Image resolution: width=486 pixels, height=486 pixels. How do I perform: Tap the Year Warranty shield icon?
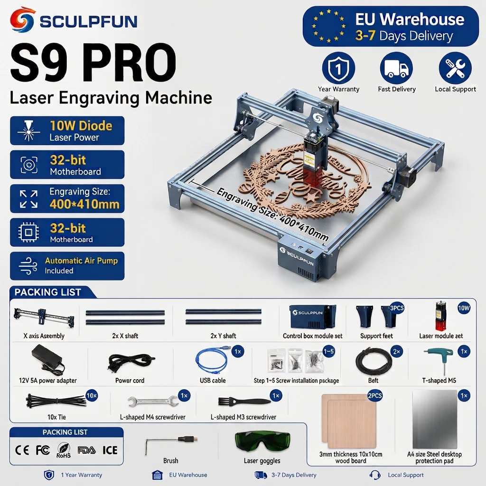[338, 68]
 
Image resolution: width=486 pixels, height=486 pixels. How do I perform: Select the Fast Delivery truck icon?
[396, 68]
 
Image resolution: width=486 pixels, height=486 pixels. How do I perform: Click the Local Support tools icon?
[455, 68]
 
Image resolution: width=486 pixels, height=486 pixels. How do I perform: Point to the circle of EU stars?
[329, 26]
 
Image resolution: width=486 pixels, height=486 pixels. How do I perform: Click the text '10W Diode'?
[81, 125]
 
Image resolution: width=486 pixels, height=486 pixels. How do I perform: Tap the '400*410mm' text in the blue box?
[84, 204]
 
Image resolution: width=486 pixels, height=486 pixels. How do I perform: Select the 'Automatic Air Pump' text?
[81, 261]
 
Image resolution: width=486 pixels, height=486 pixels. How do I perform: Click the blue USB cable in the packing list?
[211, 360]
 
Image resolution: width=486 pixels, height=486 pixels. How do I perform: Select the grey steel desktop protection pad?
[435, 420]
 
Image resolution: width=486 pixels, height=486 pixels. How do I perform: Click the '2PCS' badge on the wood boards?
[375, 396]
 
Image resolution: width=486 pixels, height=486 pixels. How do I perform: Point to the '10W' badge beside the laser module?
[464, 308]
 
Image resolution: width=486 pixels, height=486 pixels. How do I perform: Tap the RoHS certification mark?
[64, 450]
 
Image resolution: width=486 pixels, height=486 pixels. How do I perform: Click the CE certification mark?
[22, 450]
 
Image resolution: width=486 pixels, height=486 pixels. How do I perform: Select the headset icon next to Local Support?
[375, 475]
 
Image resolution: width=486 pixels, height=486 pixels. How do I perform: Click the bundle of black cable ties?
[56, 401]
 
